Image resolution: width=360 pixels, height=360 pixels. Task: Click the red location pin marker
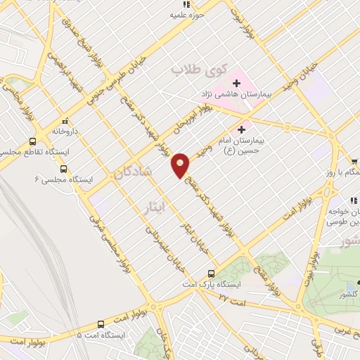tap(181, 165)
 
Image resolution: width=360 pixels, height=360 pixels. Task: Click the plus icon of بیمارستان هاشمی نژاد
tap(236, 84)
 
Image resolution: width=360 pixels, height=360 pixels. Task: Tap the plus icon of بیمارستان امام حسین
tap(242, 129)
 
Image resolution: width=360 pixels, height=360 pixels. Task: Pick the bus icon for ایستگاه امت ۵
tap(101, 325)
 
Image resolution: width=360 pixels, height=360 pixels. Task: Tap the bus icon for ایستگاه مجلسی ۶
tap(64, 169)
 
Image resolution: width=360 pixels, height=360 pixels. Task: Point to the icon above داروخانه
tap(65, 121)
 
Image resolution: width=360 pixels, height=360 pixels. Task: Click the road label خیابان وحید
tap(309, 79)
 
